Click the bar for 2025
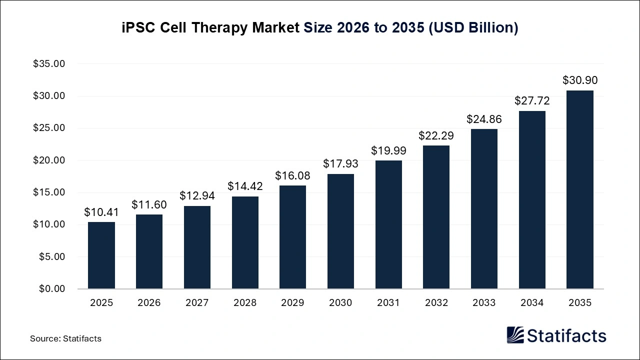(101, 255)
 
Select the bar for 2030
(340, 231)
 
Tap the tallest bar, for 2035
(580, 190)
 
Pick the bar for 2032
(436, 217)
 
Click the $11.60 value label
(149, 204)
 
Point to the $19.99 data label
(388, 150)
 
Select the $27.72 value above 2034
(532, 101)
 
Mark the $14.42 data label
(245, 186)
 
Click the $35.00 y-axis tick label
(49, 64)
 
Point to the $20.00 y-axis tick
(49, 160)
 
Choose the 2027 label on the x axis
(197, 303)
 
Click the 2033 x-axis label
(484, 303)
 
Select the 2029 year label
(292, 303)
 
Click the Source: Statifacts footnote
(65, 338)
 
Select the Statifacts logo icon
(515, 335)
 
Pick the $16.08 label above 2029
(292, 176)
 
